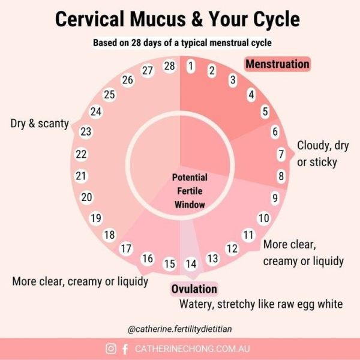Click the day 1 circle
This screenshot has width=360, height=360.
(191, 66)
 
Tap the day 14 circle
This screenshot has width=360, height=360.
(191, 264)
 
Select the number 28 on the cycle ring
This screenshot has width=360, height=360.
(170, 66)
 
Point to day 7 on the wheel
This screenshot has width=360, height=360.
(281, 154)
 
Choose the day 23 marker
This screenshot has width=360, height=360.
(86, 132)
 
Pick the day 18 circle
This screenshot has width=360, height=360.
(110, 235)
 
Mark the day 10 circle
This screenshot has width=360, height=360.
(264, 218)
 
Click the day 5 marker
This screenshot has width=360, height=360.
(265, 112)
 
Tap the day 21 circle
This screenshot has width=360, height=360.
(81, 176)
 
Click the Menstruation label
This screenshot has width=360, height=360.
(277, 64)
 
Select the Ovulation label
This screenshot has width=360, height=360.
(194, 289)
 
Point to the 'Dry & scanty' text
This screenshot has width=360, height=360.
(40, 124)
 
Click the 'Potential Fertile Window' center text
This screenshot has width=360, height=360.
(190, 191)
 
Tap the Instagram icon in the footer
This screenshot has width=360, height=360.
(111, 349)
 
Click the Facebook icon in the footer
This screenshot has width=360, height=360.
(125, 349)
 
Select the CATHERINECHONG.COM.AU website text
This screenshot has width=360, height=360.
(192, 349)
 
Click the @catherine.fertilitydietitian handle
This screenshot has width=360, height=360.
(180, 329)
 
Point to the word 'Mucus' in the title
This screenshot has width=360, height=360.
(158, 19)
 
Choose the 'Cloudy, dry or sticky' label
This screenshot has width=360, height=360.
(323, 154)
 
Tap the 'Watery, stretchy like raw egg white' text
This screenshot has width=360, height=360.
(261, 304)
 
